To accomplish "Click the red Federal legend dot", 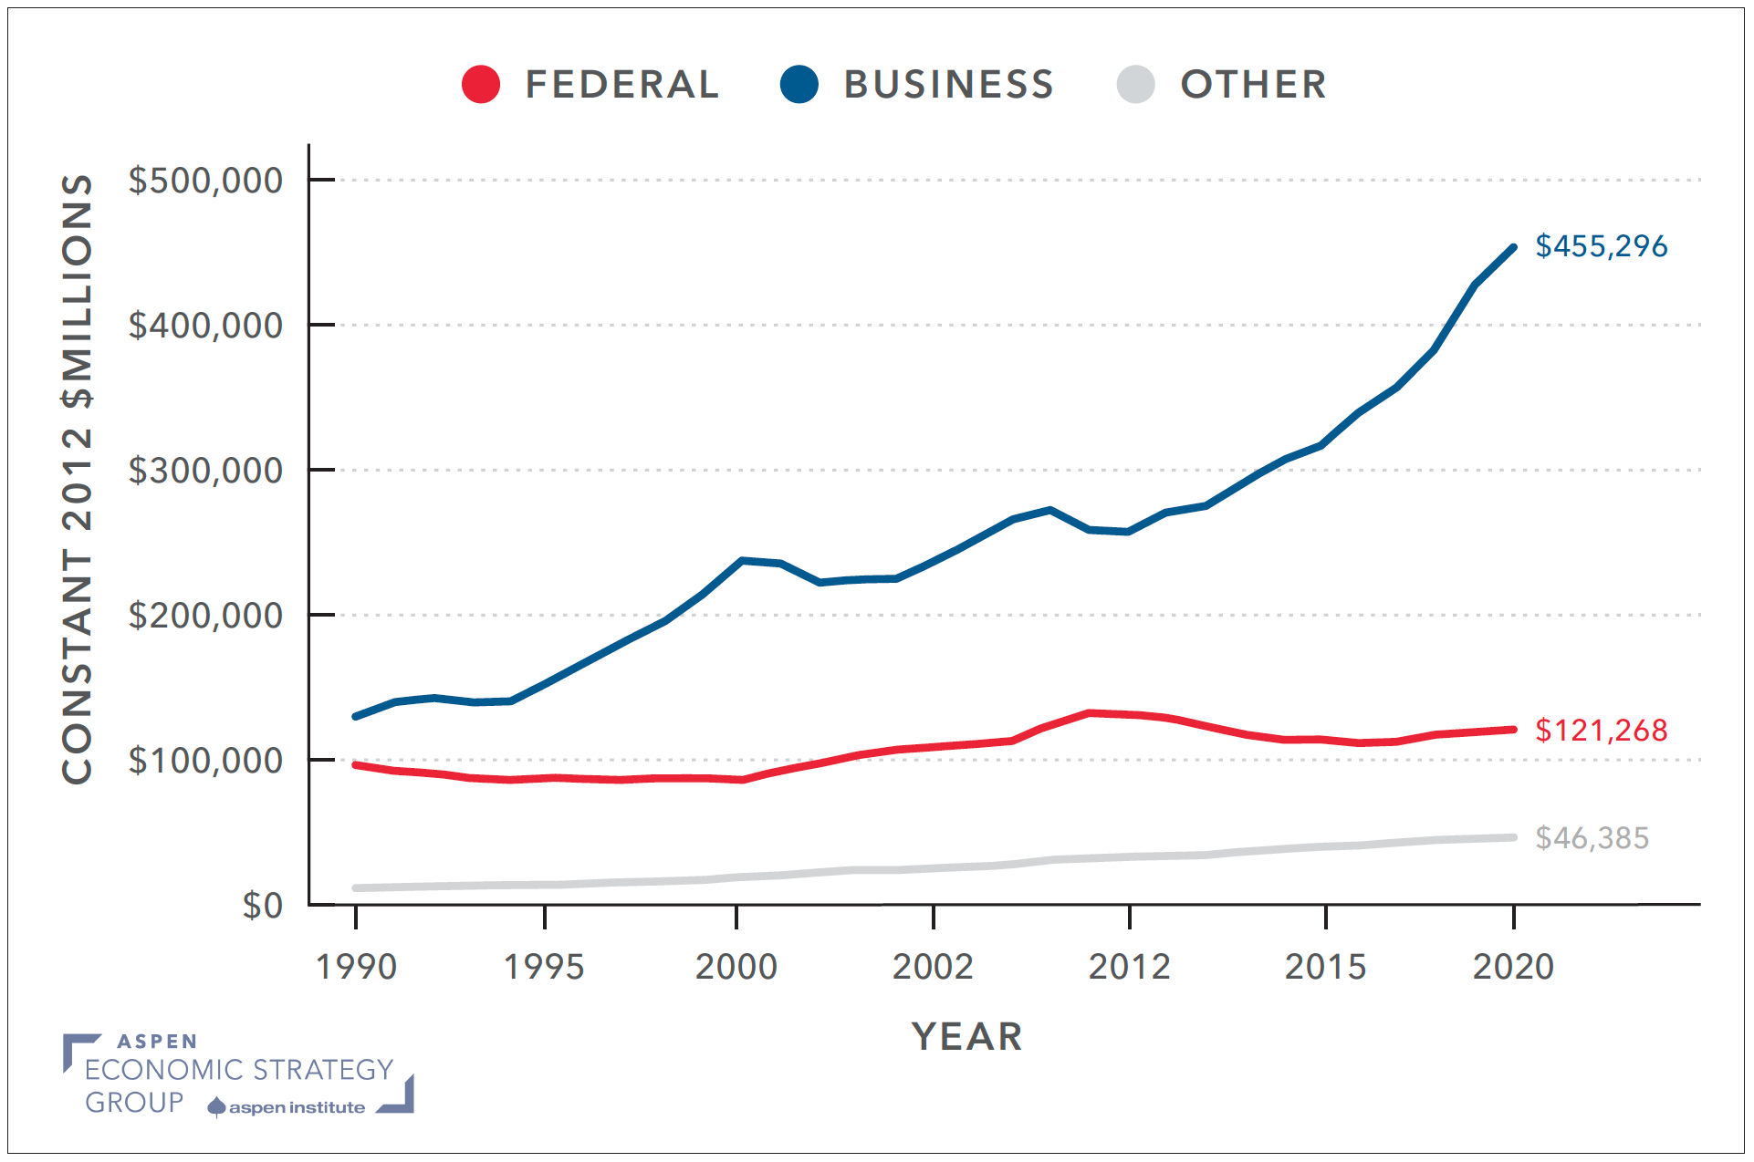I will click(480, 85).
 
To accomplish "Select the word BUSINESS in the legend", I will click(948, 85).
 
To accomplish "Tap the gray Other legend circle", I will click(1135, 85).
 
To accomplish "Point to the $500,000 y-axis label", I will click(205, 181).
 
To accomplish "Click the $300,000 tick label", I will click(205, 471).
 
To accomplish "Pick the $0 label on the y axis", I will click(262, 906).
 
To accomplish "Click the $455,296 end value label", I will click(1601, 246).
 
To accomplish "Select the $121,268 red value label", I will click(1601, 731).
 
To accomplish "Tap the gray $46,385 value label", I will click(1592, 838).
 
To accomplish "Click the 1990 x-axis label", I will click(356, 967).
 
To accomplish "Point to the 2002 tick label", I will click(933, 967).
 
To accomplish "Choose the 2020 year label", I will click(1513, 967).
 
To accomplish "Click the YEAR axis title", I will click(966, 1037).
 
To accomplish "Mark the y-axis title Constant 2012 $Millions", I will click(78, 479).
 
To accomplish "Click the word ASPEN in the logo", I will click(157, 1042).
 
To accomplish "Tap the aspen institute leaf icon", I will click(216, 1107).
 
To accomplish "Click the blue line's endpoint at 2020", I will click(1513, 247).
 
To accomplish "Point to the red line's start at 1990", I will click(356, 764).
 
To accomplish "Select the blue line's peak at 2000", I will click(742, 560).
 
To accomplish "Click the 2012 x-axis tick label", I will click(1129, 967).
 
